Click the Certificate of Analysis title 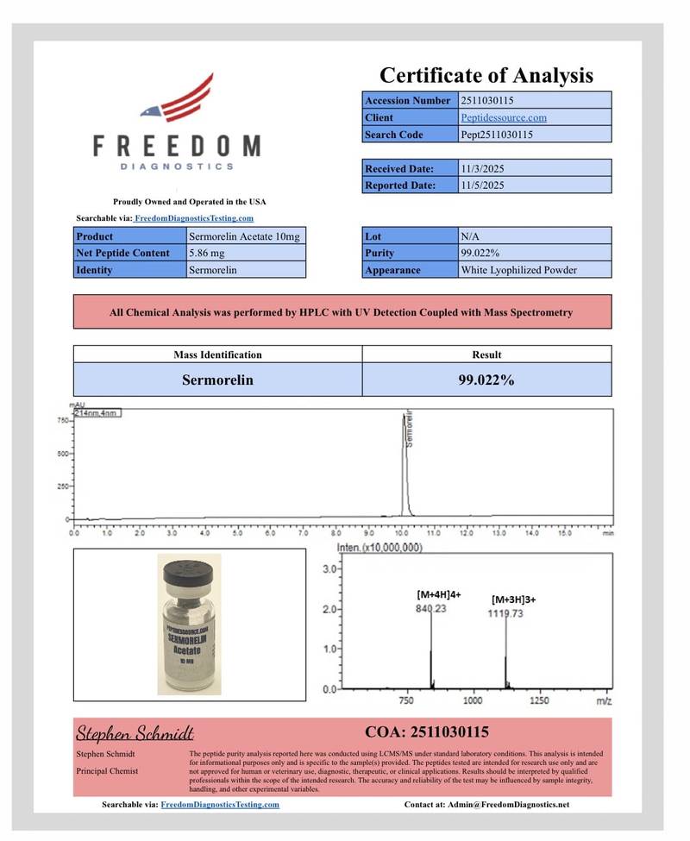[486, 75]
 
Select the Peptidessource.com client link [503, 117]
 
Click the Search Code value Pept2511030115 [497, 135]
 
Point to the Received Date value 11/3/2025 [483, 168]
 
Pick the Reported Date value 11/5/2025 [483, 185]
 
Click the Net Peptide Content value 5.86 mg [206, 253]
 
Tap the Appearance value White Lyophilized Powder [519, 270]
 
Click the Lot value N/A [470, 235]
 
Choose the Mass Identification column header [217, 355]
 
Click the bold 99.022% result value [486, 380]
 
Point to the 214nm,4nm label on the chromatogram [97, 413]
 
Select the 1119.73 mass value [506, 613]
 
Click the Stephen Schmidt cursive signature [135, 733]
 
